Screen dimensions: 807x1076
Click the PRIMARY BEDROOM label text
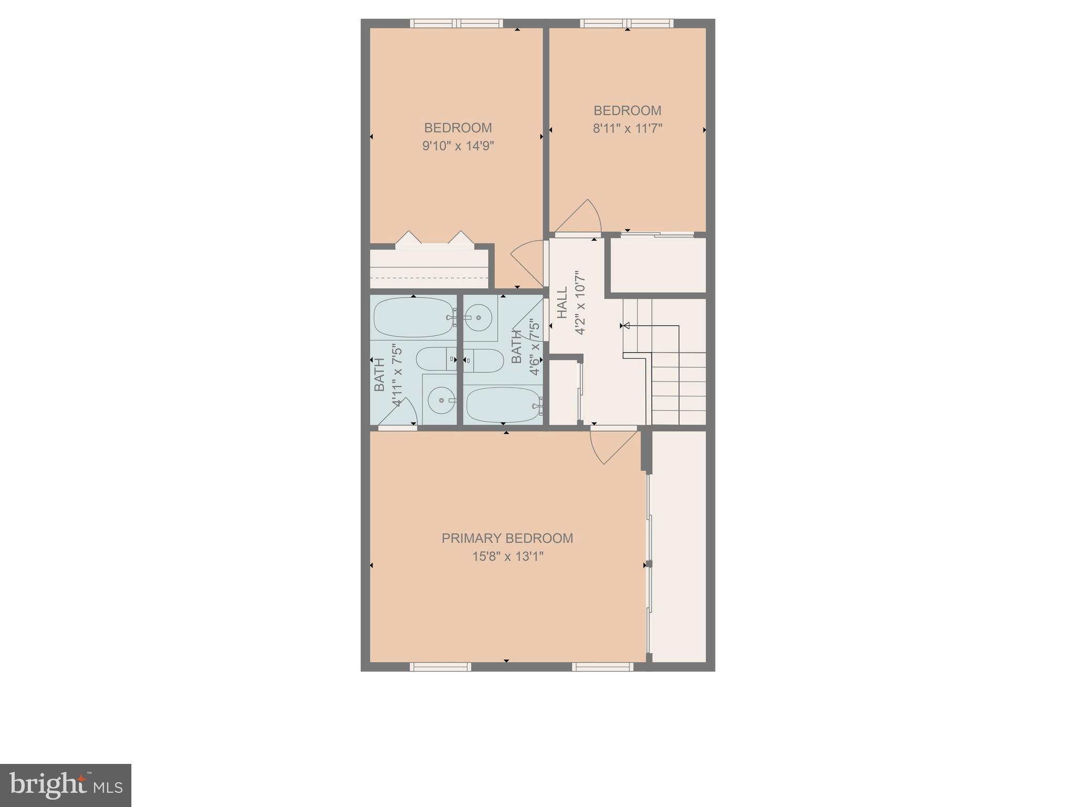click(506, 538)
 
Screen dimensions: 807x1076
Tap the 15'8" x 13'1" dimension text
click(507, 556)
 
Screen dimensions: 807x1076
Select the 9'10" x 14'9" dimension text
click(458, 146)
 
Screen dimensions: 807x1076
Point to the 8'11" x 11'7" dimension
click(627, 128)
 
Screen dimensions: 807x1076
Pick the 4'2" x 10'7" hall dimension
click(580, 302)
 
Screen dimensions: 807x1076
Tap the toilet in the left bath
click(436, 359)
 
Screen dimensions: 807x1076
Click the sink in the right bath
click(479, 318)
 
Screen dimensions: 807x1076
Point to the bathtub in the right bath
click(503, 405)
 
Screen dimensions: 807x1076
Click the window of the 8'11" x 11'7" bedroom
click(626, 23)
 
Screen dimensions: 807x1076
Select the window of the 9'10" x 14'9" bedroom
click(456, 23)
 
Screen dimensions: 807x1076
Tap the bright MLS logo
click(66, 785)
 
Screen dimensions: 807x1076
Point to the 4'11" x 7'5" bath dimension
click(397, 375)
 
